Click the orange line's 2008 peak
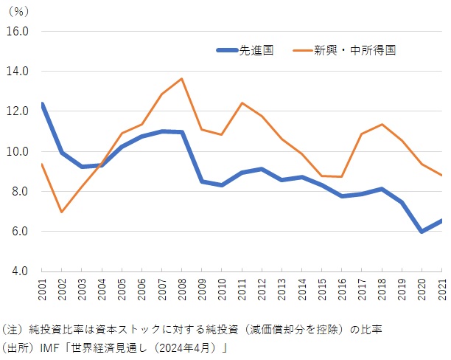[181, 78]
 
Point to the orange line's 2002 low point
[62, 212]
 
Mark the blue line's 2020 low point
[422, 232]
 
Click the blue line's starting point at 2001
[42, 104]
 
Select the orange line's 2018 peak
[382, 124]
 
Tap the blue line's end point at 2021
[441, 220]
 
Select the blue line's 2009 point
[201, 181]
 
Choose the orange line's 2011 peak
[242, 103]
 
